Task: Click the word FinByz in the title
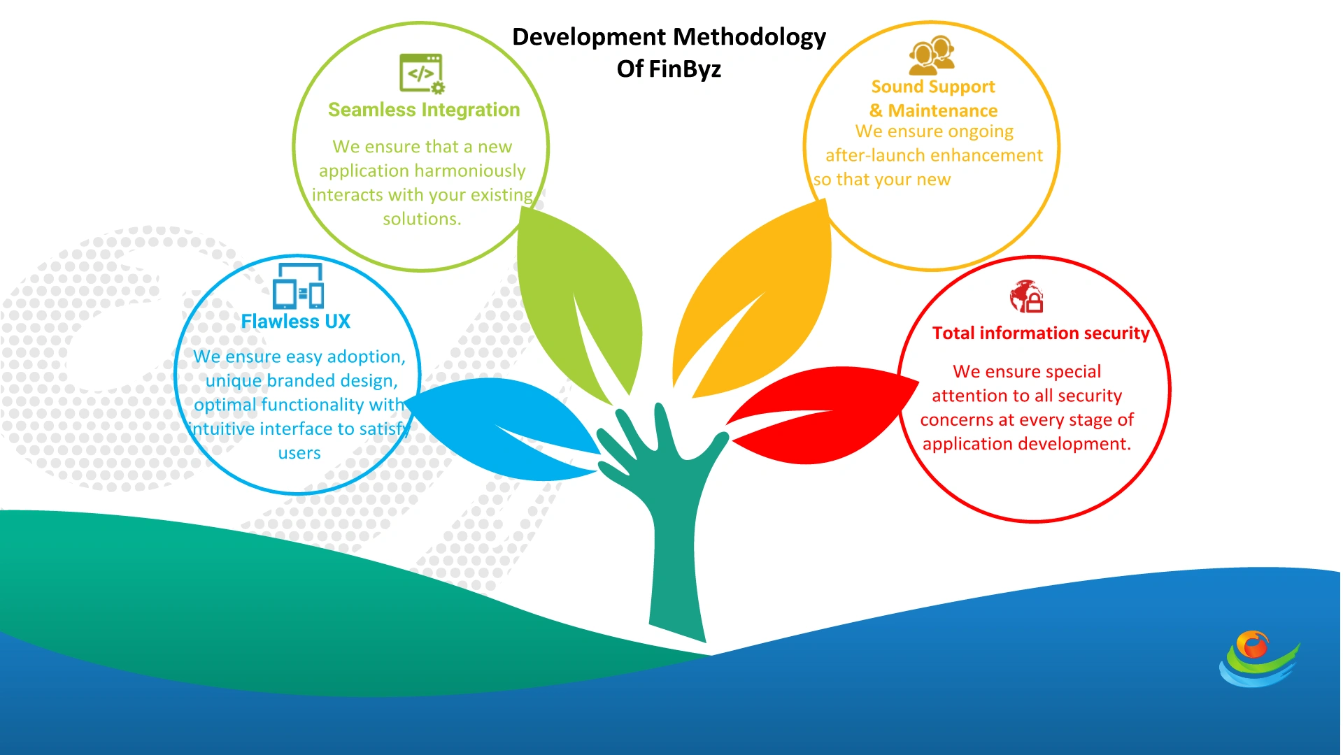point(684,69)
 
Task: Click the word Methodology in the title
point(747,37)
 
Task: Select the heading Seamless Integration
point(424,110)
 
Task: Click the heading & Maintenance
point(934,110)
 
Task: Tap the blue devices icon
point(298,287)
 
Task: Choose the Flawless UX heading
point(295,322)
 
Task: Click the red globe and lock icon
point(1026,297)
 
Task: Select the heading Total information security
point(1041,333)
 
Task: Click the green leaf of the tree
point(581,301)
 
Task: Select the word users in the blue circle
point(299,453)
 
